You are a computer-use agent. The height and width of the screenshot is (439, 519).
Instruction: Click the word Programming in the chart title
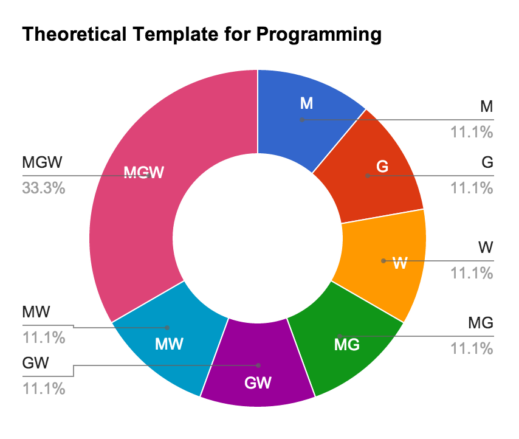pos(318,35)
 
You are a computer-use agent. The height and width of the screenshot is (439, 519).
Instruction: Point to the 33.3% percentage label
pos(43,188)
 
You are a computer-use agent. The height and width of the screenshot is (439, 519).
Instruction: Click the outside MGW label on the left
pos(43,163)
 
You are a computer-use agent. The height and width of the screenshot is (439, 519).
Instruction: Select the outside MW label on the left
pos(36,313)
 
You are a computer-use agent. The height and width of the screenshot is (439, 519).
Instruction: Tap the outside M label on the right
pos(486,107)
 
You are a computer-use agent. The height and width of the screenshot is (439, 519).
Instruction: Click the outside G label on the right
pos(487,163)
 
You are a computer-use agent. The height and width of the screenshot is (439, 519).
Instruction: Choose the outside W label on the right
pos(485,248)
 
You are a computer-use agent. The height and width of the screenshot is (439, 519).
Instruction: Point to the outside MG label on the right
pos(480,322)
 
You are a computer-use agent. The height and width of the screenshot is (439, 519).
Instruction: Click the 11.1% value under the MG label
pos(472,348)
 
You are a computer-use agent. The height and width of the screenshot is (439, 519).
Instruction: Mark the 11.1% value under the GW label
pos(44,388)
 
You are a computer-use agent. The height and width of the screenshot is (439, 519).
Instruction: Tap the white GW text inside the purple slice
pos(258,383)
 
